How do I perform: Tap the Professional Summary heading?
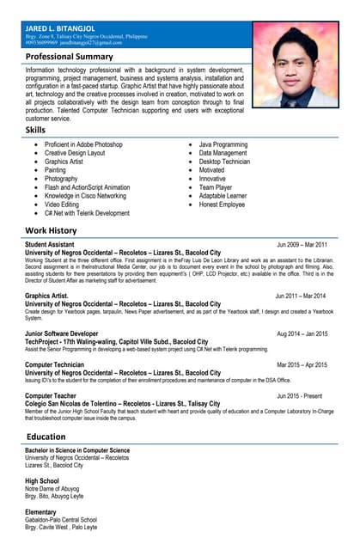click(x=70, y=56)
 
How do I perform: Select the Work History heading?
click(x=52, y=231)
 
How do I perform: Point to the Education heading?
click(x=46, y=437)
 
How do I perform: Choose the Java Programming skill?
click(x=223, y=145)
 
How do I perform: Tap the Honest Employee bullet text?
click(x=222, y=205)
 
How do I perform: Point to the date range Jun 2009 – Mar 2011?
click(x=302, y=245)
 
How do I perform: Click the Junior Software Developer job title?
click(x=62, y=333)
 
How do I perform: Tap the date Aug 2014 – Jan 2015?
click(x=302, y=333)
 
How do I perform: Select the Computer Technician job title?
click(x=55, y=364)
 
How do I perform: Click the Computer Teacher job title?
click(x=51, y=395)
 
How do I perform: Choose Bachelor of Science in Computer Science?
click(x=77, y=450)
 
